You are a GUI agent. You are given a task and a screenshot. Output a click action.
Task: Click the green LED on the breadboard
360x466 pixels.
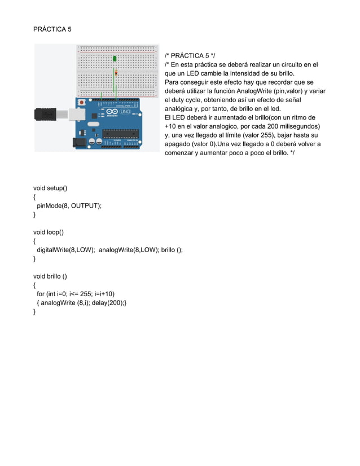tap(115, 59)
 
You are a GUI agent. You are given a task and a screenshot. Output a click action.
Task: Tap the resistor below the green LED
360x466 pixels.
tap(115, 72)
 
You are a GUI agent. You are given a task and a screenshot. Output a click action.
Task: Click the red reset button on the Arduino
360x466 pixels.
tap(82, 103)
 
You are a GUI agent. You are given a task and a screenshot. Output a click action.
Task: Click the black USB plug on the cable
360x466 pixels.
tap(45, 113)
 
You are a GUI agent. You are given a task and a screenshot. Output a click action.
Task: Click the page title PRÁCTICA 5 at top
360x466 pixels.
tap(52, 29)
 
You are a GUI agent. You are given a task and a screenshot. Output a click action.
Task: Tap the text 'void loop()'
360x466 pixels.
tap(49, 232)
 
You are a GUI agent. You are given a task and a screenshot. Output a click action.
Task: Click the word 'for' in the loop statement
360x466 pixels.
tap(41, 294)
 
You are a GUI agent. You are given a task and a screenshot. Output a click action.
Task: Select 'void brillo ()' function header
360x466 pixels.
tap(50, 276)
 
